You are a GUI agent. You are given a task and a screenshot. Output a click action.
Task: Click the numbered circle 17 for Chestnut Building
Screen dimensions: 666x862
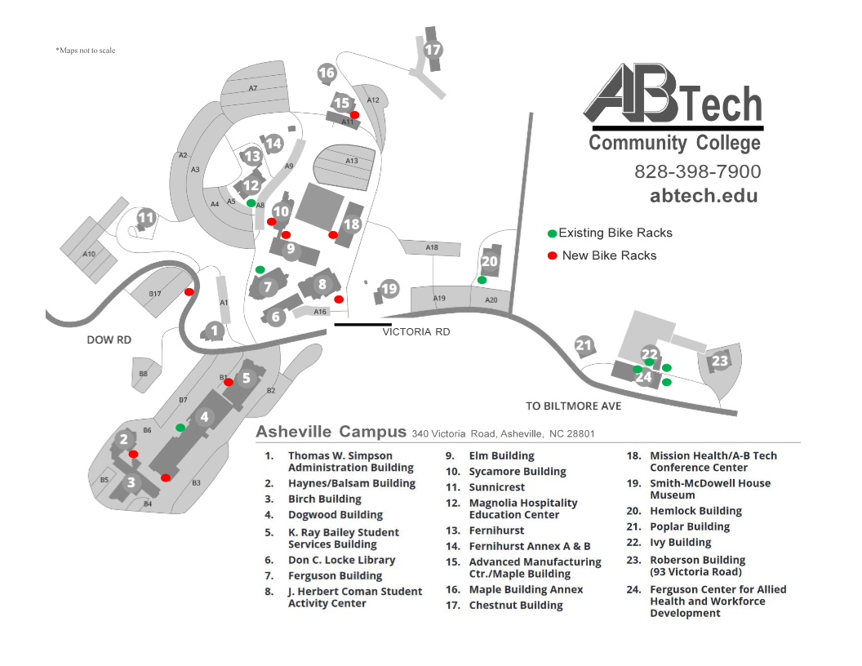[433, 50]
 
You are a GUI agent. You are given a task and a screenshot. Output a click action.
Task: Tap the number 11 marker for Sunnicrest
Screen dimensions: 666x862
[146, 218]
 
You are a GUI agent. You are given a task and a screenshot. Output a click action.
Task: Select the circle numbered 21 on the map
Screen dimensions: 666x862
[584, 345]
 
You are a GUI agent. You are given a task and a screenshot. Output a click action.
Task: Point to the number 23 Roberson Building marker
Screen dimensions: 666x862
[719, 361]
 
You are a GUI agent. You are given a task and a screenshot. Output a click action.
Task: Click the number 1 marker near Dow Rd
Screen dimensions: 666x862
[214, 331]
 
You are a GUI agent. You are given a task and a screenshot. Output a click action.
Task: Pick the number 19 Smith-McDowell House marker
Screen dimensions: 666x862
[389, 289]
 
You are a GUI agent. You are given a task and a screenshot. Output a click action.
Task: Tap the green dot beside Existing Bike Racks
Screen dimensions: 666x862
[553, 233]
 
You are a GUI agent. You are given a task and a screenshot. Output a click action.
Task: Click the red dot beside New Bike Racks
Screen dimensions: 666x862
[553, 255]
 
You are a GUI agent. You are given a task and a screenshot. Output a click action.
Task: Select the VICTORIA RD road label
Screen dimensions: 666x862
[416, 332]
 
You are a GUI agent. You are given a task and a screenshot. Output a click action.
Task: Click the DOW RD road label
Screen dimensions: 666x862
[109, 340]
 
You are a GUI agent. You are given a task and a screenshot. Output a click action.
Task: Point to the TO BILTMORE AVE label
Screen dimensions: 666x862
[573, 406]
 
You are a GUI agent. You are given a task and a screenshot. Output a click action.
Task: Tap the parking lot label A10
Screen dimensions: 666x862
[89, 254]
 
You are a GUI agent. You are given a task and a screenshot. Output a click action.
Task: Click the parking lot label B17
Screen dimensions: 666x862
[155, 294]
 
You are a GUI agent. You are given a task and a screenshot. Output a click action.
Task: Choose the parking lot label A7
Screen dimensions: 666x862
[253, 88]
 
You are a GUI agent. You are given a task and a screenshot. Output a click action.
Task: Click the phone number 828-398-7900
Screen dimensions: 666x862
[697, 171]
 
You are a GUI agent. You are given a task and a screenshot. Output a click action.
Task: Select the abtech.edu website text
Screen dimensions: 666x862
[703, 196]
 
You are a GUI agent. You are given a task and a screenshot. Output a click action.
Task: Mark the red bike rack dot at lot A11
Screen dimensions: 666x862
[355, 115]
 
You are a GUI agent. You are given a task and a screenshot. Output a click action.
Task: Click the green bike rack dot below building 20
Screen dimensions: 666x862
[482, 280]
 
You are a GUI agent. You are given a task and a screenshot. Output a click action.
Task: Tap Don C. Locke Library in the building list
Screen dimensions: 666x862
[341, 560]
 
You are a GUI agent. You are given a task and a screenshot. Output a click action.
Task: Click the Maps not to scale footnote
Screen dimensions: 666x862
[86, 51]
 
